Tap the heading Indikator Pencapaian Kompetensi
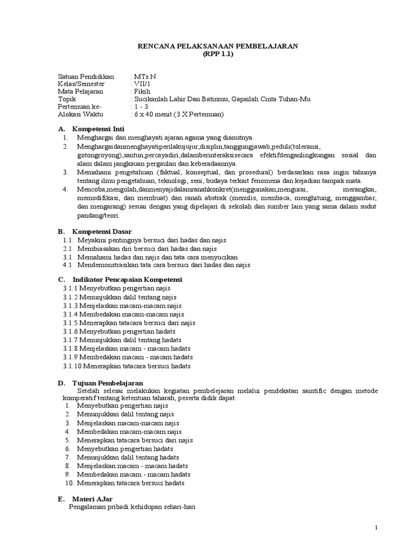click(127, 279)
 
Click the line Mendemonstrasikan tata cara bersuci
click(163, 265)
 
